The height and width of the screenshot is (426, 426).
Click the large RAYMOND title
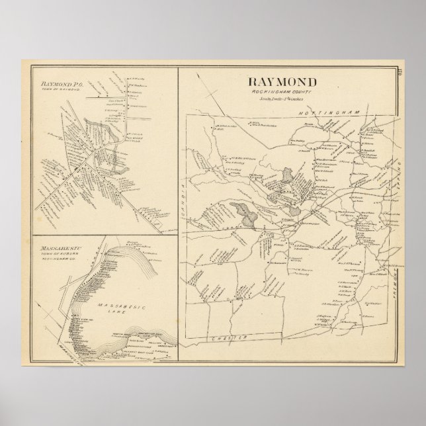click(x=282, y=82)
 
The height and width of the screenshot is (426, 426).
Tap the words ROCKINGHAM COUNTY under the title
click(x=282, y=91)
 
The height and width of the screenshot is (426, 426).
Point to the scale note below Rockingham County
click(x=282, y=98)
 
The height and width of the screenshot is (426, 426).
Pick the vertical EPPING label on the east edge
click(x=399, y=168)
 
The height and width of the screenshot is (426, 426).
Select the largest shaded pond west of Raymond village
click(x=243, y=213)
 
